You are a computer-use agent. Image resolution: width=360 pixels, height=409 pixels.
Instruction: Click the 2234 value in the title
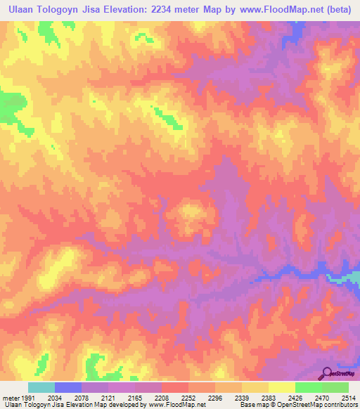160,10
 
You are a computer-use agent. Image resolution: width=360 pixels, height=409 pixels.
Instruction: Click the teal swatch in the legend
41,387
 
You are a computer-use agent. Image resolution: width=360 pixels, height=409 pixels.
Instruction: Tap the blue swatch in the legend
68,387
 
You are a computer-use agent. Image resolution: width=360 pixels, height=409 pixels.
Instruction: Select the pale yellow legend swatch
282,387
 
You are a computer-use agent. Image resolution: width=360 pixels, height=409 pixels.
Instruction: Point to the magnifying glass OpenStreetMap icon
328,375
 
